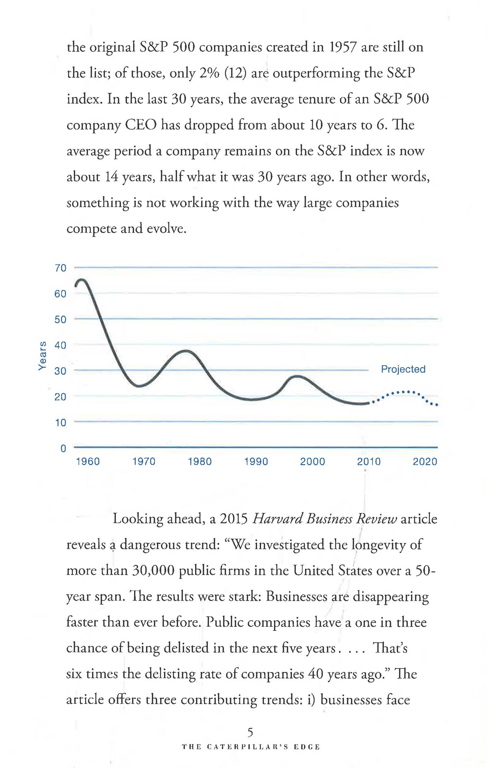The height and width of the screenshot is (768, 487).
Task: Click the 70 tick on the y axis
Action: (60, 268)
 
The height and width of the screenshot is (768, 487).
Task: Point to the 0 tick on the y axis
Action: (63, 448)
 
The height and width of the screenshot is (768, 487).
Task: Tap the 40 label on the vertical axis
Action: (60, 345)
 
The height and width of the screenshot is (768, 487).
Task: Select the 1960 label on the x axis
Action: (88, 461)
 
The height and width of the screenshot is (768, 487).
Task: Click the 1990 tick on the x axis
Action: (256, 461)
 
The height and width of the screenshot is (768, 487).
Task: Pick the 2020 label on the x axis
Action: (425, 461)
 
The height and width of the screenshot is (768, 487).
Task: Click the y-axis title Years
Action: (42, 356)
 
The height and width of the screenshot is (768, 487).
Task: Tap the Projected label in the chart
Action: (403, 369)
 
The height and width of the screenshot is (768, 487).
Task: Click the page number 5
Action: (250, 732)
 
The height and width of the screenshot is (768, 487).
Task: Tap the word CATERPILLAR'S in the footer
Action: (247, 747)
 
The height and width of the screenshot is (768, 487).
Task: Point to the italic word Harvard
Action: (277, 519)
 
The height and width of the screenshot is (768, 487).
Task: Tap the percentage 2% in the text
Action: (209, 73)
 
